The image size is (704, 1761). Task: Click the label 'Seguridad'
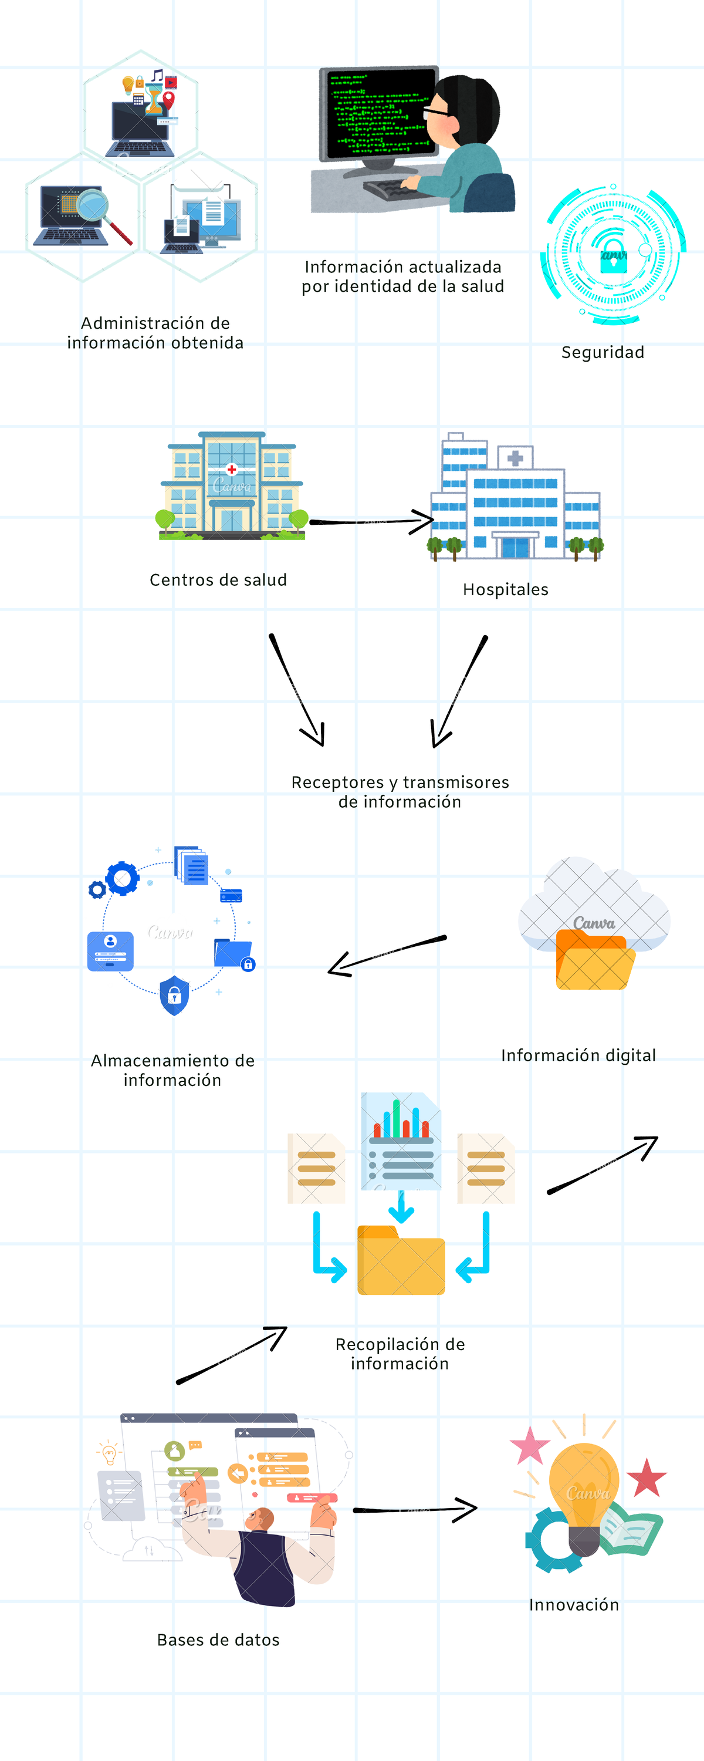point(602,352)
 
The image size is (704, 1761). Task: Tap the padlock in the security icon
point(613,257)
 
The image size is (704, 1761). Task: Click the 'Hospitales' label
point(505,589)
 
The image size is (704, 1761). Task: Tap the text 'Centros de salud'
point(218,580)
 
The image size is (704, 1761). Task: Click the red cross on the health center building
point(232,470)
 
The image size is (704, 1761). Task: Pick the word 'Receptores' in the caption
point(338,782)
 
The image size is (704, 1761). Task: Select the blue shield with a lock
point(174,996)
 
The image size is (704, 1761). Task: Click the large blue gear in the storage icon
point(123,879)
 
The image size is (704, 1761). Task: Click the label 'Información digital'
point(578,1055)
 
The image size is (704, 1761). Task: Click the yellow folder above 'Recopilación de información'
point(401,1262)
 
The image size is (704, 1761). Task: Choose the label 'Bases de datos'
point(218,1639)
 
